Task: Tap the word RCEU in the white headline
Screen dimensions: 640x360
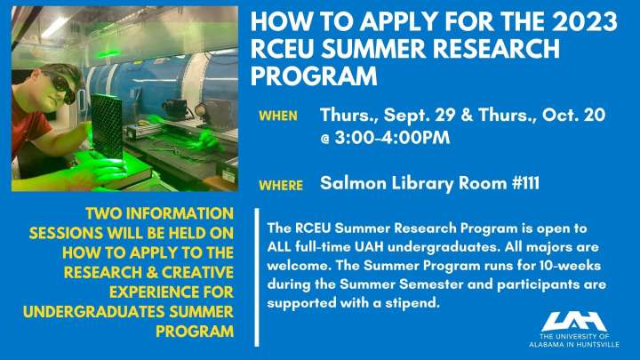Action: coord(282,49)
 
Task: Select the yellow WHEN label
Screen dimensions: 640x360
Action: coord(278,116)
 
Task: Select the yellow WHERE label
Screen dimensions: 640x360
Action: coord(281,185)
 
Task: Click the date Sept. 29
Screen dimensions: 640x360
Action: coord(420,115)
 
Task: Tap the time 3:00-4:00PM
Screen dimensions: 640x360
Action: coord(392,138)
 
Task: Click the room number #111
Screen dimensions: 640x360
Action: coord(525,183)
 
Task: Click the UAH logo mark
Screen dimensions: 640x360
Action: coord(573,321)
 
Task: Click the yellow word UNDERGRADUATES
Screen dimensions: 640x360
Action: coord(94,312)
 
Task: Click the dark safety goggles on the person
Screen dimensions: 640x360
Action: coord(61,84)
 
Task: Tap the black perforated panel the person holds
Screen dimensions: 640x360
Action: coord(107,125)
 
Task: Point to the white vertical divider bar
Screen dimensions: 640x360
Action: coord(257,277)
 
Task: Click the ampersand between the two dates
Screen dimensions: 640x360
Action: coord(467,115)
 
